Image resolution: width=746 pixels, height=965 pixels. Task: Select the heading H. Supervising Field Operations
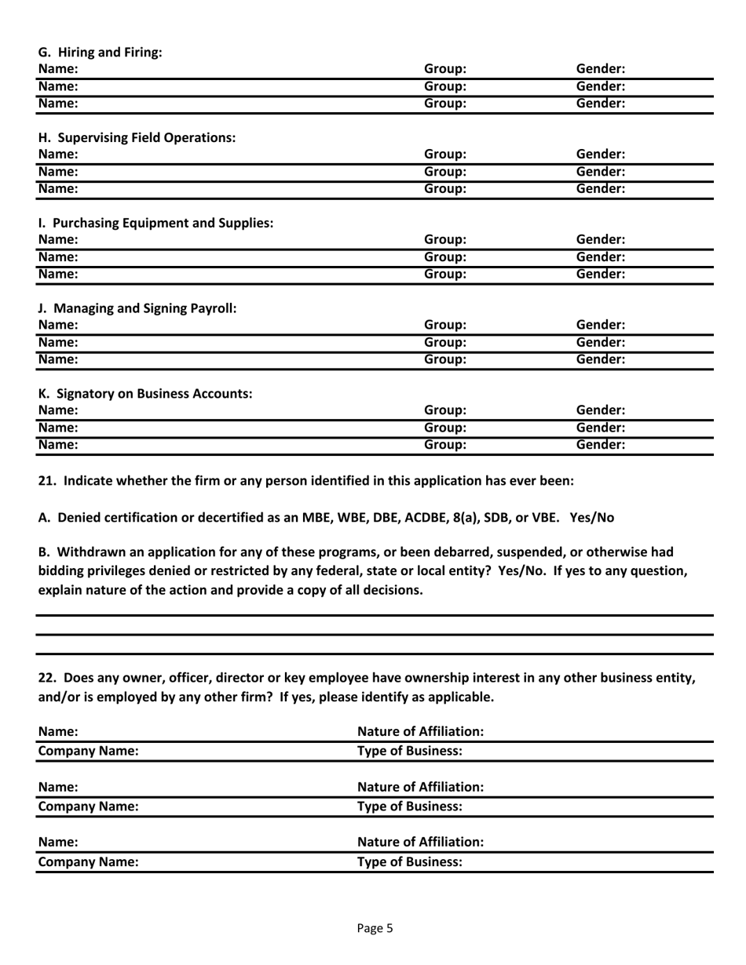point(137,137)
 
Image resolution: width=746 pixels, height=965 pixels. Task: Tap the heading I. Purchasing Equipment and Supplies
point(155,223)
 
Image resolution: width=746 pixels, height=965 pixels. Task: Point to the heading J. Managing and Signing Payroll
point(137,308)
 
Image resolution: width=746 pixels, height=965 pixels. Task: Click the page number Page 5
point(374,928)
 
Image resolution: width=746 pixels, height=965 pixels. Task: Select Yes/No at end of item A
point(592,517)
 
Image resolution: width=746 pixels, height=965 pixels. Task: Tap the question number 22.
point(47,677)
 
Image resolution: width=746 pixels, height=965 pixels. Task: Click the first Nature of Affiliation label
point(420,732)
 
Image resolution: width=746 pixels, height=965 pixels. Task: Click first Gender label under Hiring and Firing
point(601,69)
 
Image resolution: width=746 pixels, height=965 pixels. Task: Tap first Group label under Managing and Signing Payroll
point(445,325)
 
